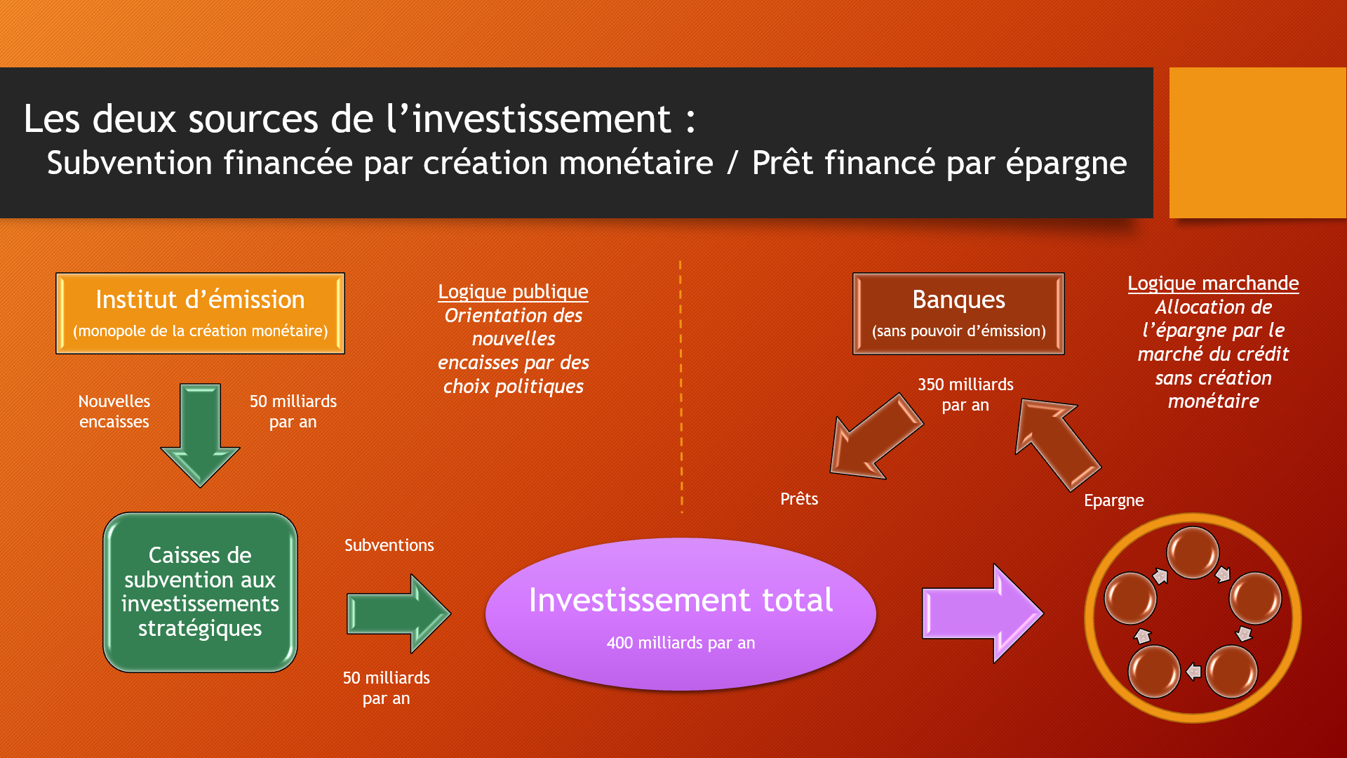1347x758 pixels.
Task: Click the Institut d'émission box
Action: [200, 313]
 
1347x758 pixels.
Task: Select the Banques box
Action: [958, 313]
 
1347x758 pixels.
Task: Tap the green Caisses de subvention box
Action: [200, 592]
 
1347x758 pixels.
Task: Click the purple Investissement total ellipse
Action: [681, 613]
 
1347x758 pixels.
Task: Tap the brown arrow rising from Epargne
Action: [1057, 442]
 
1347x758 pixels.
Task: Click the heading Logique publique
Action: [513, 291]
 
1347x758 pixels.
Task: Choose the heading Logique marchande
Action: [1213, 283]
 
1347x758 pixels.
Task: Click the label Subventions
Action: [389, 545]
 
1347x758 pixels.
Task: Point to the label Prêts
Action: [799, 499]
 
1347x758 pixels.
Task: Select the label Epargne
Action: [1113, 500]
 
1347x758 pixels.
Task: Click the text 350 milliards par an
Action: [965, 394]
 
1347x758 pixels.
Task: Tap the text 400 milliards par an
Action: [681, 643]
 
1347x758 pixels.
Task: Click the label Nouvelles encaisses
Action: [114, 411]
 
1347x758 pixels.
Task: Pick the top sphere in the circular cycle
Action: [1192, 552]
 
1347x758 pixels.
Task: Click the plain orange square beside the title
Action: [1257, 142]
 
